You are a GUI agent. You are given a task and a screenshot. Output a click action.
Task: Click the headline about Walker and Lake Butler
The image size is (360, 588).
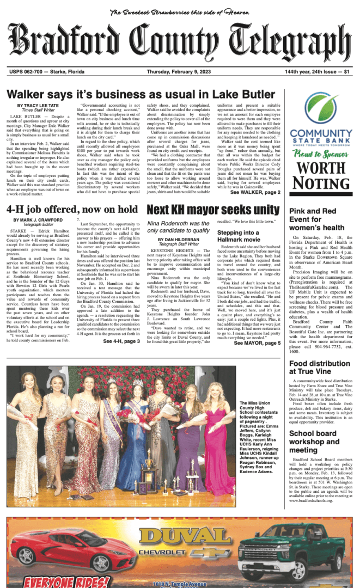[x=141, y=94]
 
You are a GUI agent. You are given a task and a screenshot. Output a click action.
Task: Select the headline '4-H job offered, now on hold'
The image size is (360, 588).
[x=72, y=210]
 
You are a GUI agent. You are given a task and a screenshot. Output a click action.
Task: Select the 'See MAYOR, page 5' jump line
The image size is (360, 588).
[x=257, y=343]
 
